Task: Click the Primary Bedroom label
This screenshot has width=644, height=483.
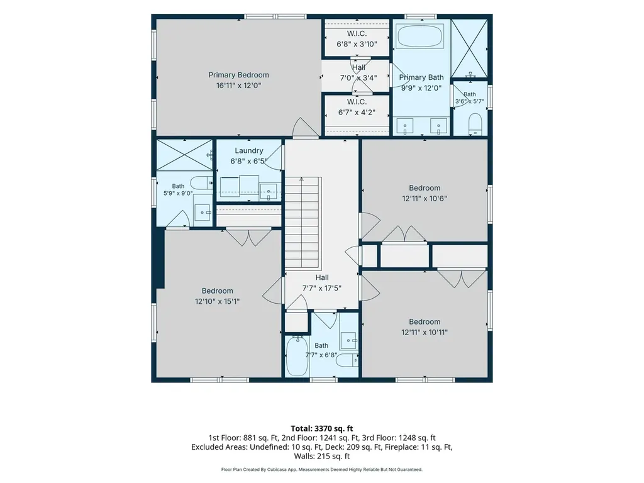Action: [238, 75]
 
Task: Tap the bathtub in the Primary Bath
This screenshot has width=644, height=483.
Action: [421, 36]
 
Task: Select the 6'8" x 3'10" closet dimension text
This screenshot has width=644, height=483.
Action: [357, 44]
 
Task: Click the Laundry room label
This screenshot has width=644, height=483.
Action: [249, 151]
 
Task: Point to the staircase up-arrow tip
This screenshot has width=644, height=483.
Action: [302, 177]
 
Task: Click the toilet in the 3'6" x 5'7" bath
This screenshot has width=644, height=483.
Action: [475, 124]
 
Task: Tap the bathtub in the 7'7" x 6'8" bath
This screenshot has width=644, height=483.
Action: [296, 356]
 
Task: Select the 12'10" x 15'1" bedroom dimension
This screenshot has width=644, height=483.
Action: [217, 301]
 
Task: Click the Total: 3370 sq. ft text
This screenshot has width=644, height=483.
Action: [322, 429]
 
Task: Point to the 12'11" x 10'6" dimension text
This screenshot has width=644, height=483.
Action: [425, 198]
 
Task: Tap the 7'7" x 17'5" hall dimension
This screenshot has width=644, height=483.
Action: [322, 288]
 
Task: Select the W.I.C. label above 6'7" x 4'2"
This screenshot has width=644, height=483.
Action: [357, 102]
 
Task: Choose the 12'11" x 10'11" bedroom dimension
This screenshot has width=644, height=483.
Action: [425, 332]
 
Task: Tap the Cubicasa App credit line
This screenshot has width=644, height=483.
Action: [322, 469]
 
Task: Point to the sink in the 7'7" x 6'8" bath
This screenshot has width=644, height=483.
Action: [349, 340]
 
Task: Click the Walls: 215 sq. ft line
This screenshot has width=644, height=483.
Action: [322, 456]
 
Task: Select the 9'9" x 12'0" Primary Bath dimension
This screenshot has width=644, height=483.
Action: [421, 88]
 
